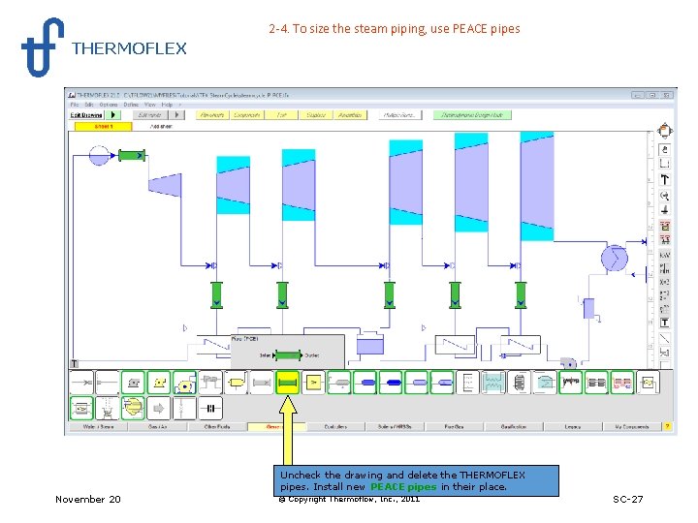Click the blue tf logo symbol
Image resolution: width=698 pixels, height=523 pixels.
[x=42, y=46]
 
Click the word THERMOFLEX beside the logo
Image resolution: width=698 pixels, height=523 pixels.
[x=129, y=48]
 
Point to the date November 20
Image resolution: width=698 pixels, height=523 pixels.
[x=88, y=499]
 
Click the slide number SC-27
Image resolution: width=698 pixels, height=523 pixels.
[x=627, y=499]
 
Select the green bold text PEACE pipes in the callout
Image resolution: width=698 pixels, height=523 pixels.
[x=403, y=487]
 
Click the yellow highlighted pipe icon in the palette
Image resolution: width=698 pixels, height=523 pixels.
[x=287, y=383]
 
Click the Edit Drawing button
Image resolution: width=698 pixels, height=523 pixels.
[x=87, y=114]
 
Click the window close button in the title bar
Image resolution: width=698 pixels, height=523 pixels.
[x=667, y=95]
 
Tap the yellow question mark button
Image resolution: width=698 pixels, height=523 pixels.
[x=666, y=426]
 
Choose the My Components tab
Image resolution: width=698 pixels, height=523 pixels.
[x=631, y=426]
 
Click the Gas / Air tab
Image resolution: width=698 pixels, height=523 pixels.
[x=157, y=426]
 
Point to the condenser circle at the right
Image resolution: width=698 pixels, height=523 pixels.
[x=614, y=258]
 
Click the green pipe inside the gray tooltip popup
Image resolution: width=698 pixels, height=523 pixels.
[x=288, y=355]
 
